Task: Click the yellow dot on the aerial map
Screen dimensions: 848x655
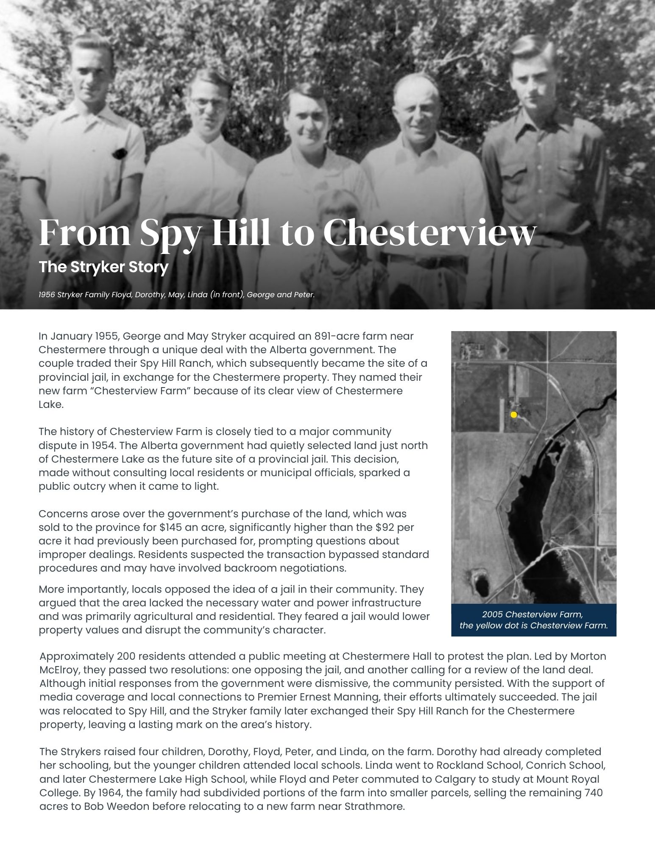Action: coord(514,415)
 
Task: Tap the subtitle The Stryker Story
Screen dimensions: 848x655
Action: coord(103,267)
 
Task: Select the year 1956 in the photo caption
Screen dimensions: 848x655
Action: coord(47,294)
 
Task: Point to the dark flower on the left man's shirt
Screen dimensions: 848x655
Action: coord(120,153)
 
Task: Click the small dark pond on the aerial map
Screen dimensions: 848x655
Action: coord(482,586)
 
